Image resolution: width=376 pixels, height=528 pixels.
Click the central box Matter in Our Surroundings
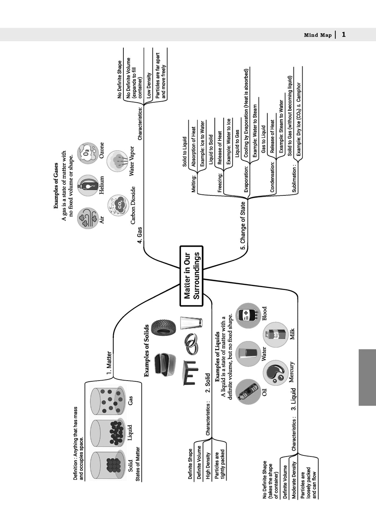click(191, 275)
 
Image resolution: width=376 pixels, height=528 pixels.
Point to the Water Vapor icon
click(118, 160)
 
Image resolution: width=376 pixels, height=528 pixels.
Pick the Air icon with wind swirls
click(88, 219)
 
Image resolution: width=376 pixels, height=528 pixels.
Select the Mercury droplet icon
click(275, 372)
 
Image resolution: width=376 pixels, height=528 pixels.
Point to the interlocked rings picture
click(191, 344)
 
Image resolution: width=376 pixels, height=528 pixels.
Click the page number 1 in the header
click(344, 35)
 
